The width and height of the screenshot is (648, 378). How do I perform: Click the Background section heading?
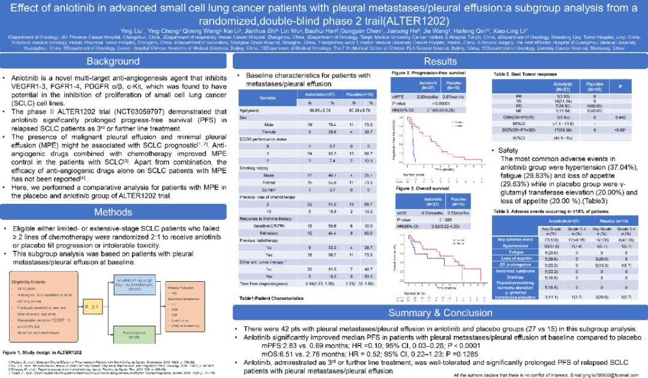[x=113, y=61]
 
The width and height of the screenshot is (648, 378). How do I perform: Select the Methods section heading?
[x=113, y=212]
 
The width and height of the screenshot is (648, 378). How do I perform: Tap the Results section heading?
[x=440, y=61]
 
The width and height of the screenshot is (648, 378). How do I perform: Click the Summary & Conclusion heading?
[x=440, y=312]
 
